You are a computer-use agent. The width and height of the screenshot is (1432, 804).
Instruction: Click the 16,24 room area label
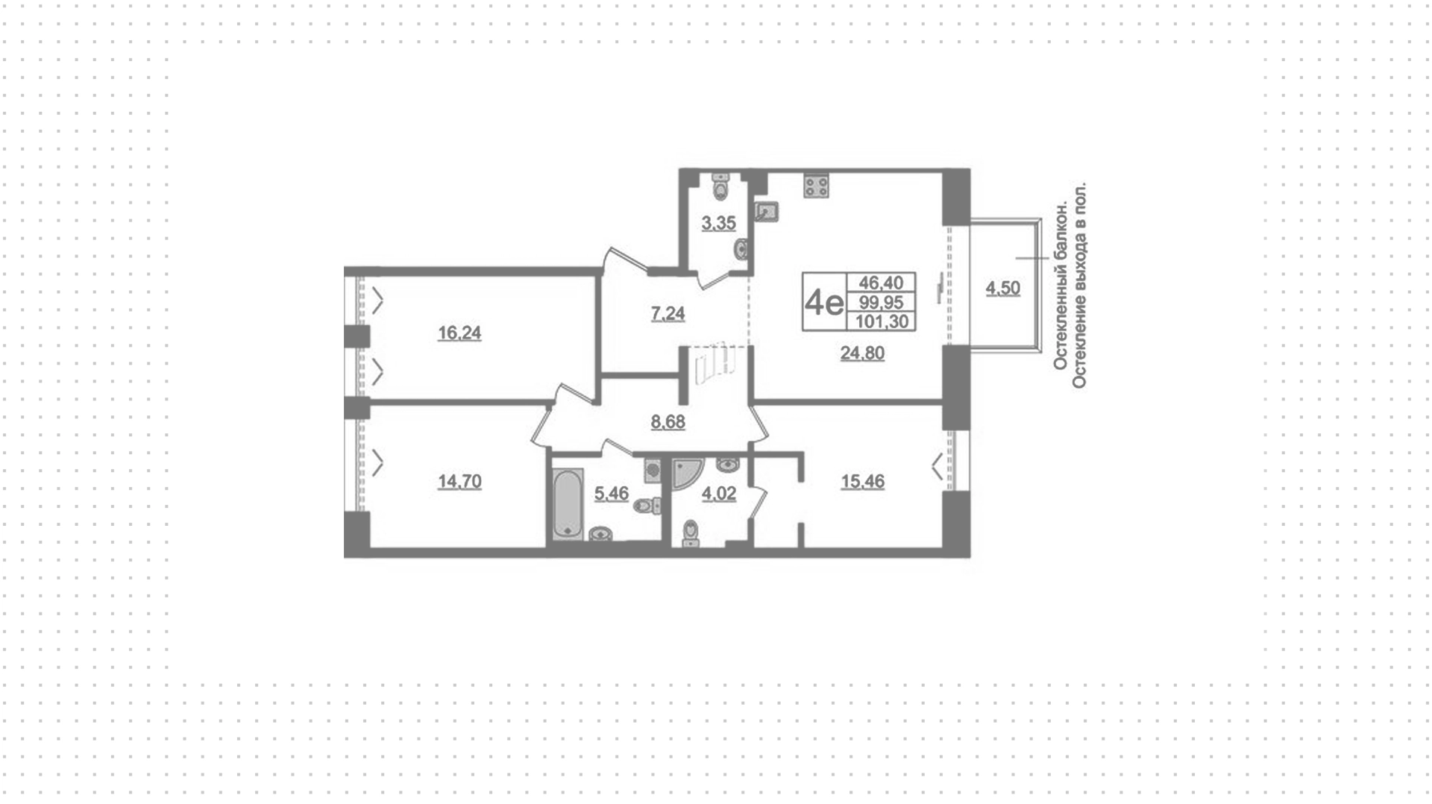[459, 333]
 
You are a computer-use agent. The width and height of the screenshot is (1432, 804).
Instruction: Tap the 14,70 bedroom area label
[459, 482]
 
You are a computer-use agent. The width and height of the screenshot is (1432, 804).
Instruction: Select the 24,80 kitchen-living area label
[862, 353]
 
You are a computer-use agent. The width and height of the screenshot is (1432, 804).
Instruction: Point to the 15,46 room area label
[862, 482]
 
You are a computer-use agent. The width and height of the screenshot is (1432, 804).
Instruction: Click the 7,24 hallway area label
[668, 314]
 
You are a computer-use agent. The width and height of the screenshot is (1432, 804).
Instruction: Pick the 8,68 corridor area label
[668, 422]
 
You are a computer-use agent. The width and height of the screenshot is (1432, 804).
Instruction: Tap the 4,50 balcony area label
[1002, 288]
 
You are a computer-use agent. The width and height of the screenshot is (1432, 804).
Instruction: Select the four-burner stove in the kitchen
[817, 186]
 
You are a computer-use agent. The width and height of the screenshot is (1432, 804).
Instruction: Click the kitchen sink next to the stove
[767, 212]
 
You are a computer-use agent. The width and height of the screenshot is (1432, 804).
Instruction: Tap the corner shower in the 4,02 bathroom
[688, 474]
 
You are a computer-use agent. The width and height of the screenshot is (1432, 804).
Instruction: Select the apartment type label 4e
[824, 302]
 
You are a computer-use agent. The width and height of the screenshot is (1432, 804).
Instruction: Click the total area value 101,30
[882, 321]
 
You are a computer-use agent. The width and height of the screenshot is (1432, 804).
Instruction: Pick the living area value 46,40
[882, 283]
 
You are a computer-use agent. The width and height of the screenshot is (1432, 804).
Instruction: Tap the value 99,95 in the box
[882, 302]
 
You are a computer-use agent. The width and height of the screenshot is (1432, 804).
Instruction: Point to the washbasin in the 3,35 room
[741, 249]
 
